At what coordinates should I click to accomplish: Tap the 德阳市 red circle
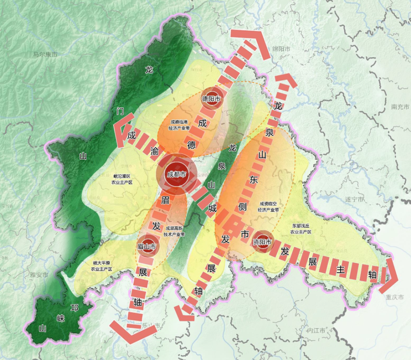click(211, 99)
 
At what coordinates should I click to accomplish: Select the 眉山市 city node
click(147, 247)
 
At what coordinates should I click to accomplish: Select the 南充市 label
click(400, 107)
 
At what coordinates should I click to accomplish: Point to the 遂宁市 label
click(354, 199)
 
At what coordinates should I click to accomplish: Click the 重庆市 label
click(396, 297)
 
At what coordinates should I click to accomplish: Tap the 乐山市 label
click(150, 325)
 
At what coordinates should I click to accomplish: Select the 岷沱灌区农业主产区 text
click(121, 179)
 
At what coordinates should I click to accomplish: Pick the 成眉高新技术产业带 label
click(174, 231)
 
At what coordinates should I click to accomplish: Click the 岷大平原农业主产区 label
click(102, 266)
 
